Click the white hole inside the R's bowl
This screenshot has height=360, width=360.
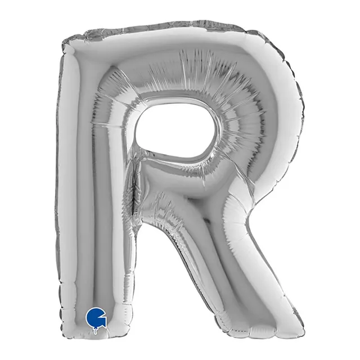pyautogui.click(x=175, y=133)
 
